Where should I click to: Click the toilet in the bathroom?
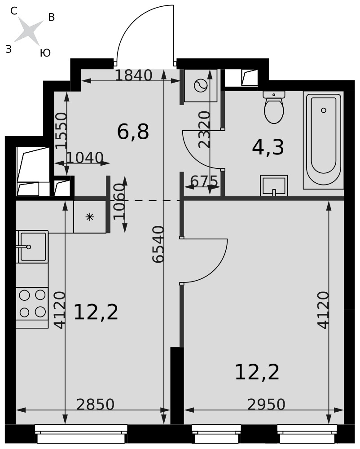point(274,107)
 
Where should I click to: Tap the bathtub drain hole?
point(324,110)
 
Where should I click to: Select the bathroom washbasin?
point(274,185)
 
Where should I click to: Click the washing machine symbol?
point(201,86)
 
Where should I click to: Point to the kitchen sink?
point(32,247)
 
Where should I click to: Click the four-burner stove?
point(32,304)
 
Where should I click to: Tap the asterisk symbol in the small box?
point(90,217)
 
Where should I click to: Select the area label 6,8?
point(133,132)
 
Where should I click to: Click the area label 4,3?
point(268,147)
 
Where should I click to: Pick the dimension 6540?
point(158,244)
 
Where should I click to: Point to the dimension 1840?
point(133,75)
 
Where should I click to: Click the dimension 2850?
point(96,405)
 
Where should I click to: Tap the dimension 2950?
point(266,405)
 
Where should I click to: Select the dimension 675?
point(204,181)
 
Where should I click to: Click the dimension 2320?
point(205,129)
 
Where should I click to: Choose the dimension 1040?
point(85,158)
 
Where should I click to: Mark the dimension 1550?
point(61,131)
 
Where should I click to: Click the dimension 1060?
point(119,202)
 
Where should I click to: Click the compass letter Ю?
point(45,53)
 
